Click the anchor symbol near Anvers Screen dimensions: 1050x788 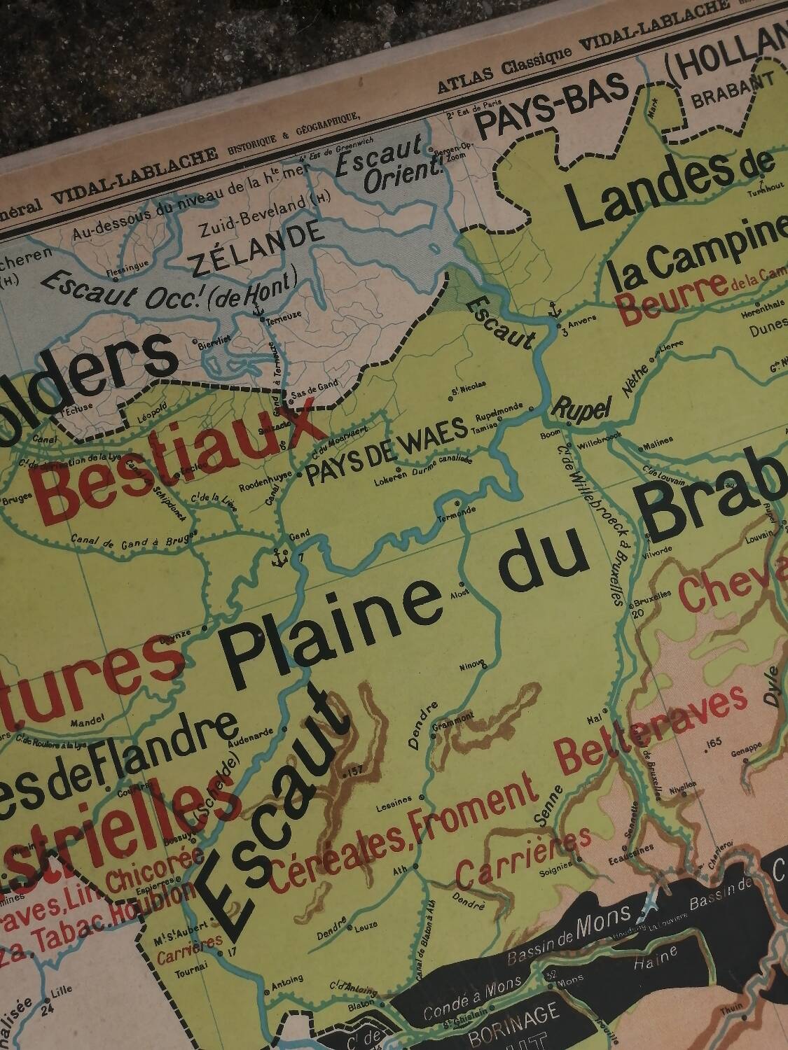pos(555,308)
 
